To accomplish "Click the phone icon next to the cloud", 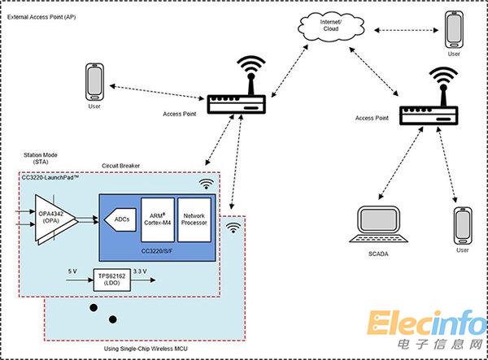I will pos(454,32).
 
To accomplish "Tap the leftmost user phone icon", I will pos(95,81).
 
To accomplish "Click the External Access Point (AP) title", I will pos(44,15).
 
